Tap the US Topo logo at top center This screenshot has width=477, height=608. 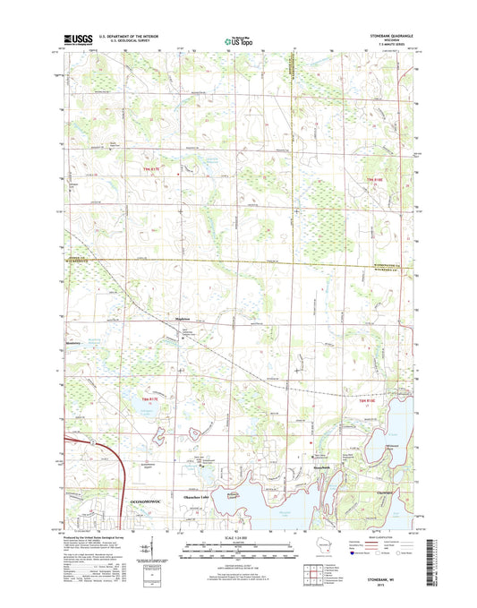coord(238,39)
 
